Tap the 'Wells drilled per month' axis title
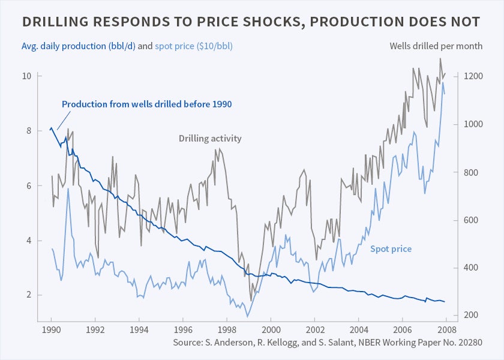pos(428,46)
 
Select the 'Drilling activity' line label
pos(210,139)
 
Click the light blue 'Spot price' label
pos(391,248)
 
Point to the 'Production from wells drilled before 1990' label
pos(146,104)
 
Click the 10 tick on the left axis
pos(27,76)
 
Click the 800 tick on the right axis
pos(469,173)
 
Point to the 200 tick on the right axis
pos(469,315)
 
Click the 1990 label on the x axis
pos(52,329)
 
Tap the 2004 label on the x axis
pos(358,329)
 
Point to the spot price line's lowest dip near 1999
pos(247,316)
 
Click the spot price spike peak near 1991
pos(68,188)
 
